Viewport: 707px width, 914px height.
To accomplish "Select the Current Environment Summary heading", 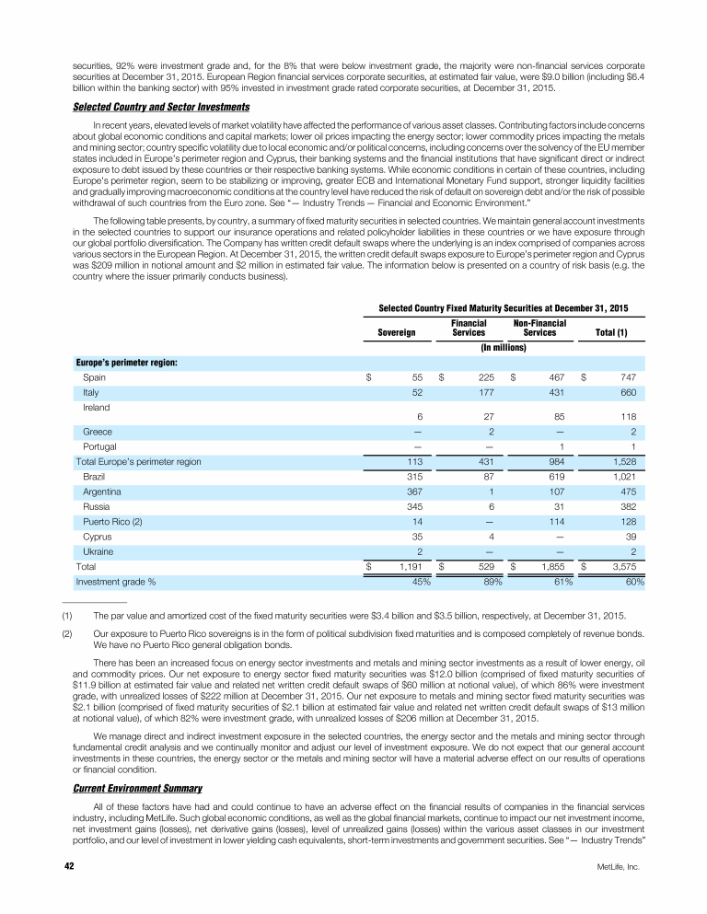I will (x=129, y=788).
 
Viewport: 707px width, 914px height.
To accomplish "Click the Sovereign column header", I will (x=397, y=331).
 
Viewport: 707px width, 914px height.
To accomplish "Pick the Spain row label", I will (x=95, y=377).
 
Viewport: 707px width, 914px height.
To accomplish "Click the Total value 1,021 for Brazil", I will (x=627, y=479).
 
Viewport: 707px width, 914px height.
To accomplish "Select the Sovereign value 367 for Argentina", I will (x=413, y=493).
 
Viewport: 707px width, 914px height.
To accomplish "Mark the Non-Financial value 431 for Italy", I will (x=556, y=392).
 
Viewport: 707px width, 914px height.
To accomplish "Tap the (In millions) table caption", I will (x=504, y=348).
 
